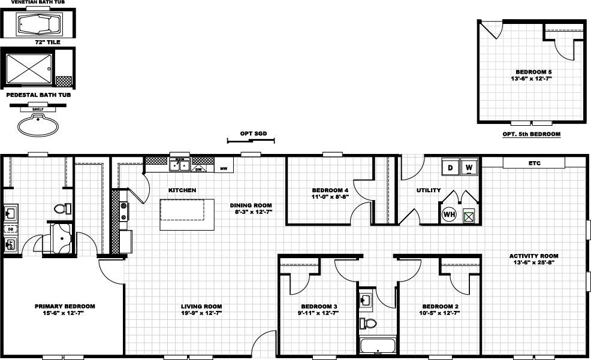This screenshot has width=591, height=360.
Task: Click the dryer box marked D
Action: [450, 167]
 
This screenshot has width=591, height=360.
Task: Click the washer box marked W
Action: [469, 167]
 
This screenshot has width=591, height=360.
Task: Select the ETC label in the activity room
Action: [534, 163]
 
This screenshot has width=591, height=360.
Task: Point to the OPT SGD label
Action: [250, 134]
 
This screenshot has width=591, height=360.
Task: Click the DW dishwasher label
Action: [198, 170]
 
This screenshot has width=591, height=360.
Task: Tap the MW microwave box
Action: [224, 169]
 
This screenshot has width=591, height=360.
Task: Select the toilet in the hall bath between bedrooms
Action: [369, 324]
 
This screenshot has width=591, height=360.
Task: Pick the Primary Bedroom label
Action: [65, 306]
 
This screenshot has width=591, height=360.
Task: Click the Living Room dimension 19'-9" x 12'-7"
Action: [201, 313]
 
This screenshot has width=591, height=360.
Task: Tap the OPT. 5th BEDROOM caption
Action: [532, 134]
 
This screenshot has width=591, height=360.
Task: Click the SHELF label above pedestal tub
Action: [38, 110]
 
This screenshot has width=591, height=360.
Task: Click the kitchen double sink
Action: [179, 165]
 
